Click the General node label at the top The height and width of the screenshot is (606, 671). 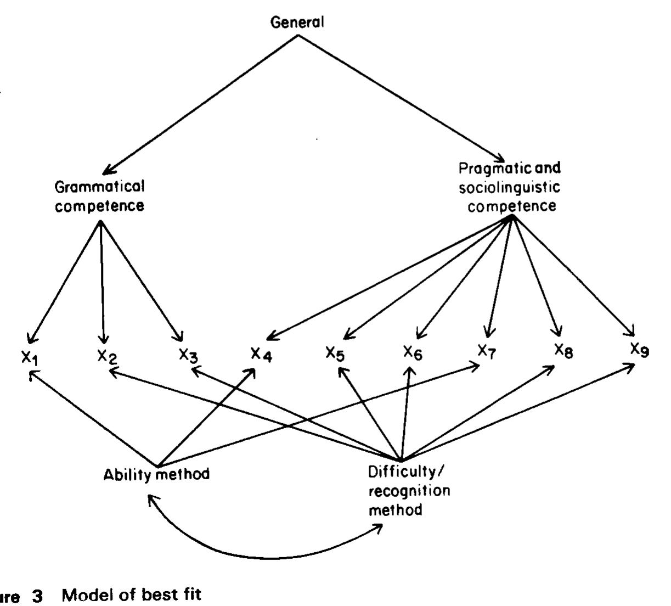click(298, 23)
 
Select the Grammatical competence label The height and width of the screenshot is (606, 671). click(99, 196)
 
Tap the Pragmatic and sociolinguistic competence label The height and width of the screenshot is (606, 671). click(510, 187)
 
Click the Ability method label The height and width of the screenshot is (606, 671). click(156, 474)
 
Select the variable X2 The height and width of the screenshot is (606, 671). click(106, 356)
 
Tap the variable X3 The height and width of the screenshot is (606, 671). click(188, 355)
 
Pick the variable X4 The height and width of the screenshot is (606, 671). click(261, 354)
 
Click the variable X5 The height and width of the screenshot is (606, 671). click(335, 353)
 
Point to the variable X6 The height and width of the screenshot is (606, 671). click(413, 352)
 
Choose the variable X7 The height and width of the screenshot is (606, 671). click(486, 351)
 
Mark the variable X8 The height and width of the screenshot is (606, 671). click(563, 350)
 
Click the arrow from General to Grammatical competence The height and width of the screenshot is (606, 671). click(203, 102)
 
